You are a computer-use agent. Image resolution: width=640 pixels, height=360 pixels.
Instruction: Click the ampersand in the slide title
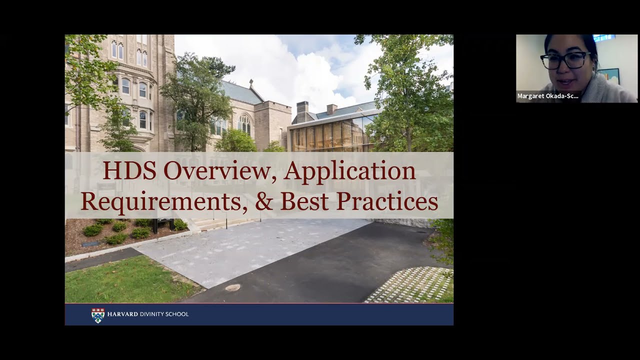[x=264, y=201]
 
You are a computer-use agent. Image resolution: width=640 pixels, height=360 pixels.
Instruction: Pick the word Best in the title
[x=304, y=201]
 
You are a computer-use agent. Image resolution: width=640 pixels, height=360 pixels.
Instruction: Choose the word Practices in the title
[x=387, y=201]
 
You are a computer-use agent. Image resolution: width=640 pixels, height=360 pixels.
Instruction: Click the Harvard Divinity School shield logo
[x=97, y=315]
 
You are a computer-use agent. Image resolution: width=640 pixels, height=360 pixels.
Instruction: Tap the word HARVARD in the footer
[x=122, y=314]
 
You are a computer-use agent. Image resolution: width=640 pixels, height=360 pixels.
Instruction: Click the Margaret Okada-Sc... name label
[x=547, y=96]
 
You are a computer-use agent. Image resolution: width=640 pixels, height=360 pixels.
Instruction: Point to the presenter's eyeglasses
[x=565, y=60]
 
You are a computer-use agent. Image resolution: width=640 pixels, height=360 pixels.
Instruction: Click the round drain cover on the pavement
[x=232, y=287]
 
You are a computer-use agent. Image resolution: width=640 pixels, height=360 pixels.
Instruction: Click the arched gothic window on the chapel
[x=244, y=124]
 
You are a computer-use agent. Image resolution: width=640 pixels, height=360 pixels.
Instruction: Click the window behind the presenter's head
[x=603, y=37]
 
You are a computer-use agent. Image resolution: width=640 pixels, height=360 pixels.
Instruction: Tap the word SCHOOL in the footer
[x=179, y=314]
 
